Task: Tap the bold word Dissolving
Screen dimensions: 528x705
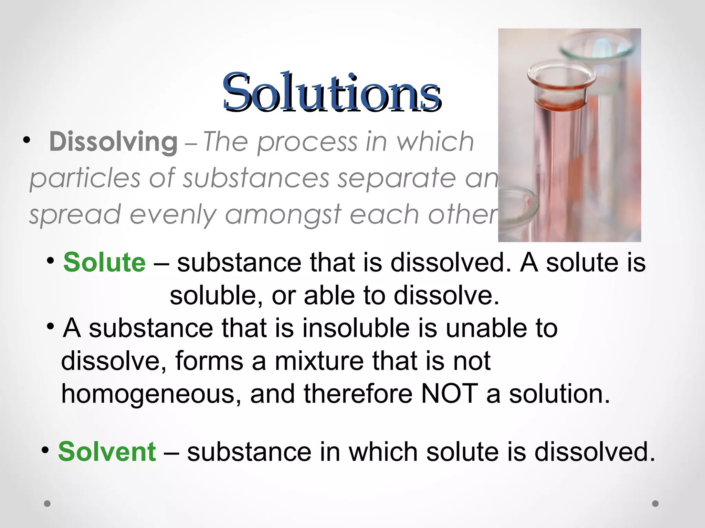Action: (x=113, y=142)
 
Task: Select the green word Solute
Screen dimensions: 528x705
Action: (x=105, y=262)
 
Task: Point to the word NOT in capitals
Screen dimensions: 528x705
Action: (x=449, y=394)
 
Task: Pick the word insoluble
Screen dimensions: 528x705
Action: (x=356, y=328)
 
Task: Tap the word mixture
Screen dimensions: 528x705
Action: (x=319, y=361)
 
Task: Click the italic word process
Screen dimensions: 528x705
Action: (x=307, y=142)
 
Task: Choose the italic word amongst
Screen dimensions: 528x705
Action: (x=283, y=214)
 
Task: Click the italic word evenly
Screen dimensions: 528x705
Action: (x=173, y=215)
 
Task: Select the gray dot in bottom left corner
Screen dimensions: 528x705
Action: (x=48, y=504)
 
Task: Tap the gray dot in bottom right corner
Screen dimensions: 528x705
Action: (x=655, y=504)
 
